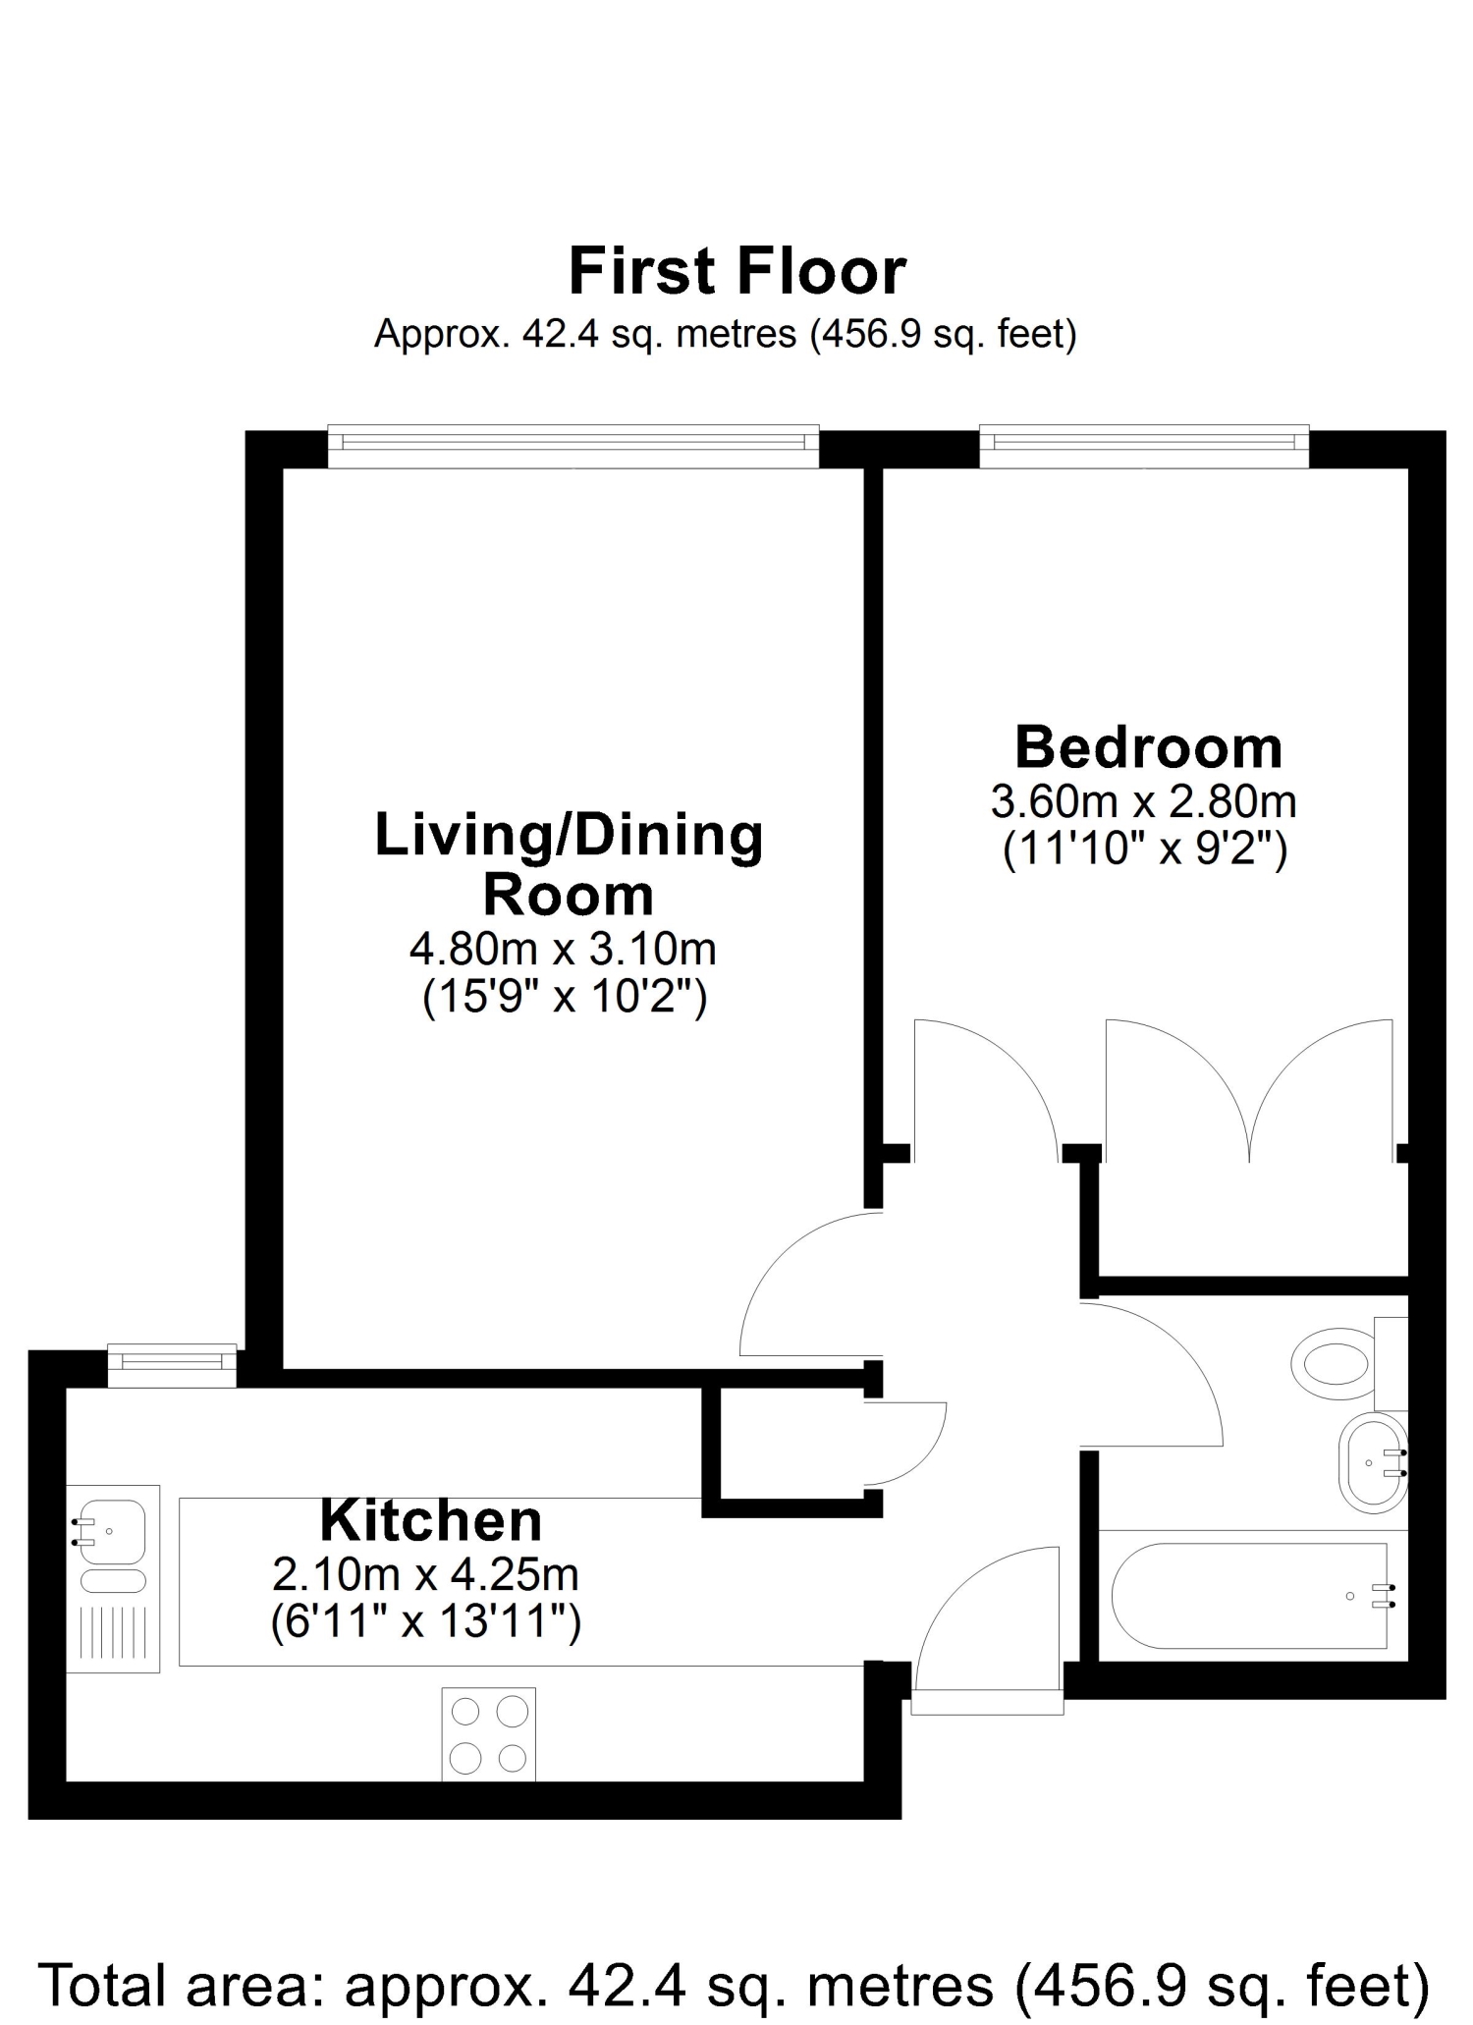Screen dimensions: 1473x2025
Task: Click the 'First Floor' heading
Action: pyautogui.click(x=737, y=272)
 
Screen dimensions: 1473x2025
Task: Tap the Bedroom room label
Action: pyautogui.click(x=1149, y=748)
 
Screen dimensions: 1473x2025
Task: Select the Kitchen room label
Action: pyautogui.click(x=431, y=1521)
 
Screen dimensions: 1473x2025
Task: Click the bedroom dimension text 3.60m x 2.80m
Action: pyautogui.click(x=1144, y=802)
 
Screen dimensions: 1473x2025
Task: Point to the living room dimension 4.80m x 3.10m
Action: pyautogui.click(x=563, y=949)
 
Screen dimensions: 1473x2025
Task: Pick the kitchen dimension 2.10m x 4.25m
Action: pyautogui.click(x=425, y=1575)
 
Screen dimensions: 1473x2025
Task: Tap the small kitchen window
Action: pyautogui.click(x=172, y=1365)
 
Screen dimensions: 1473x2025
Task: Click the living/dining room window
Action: pyautogui.click(x=573, y=446)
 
